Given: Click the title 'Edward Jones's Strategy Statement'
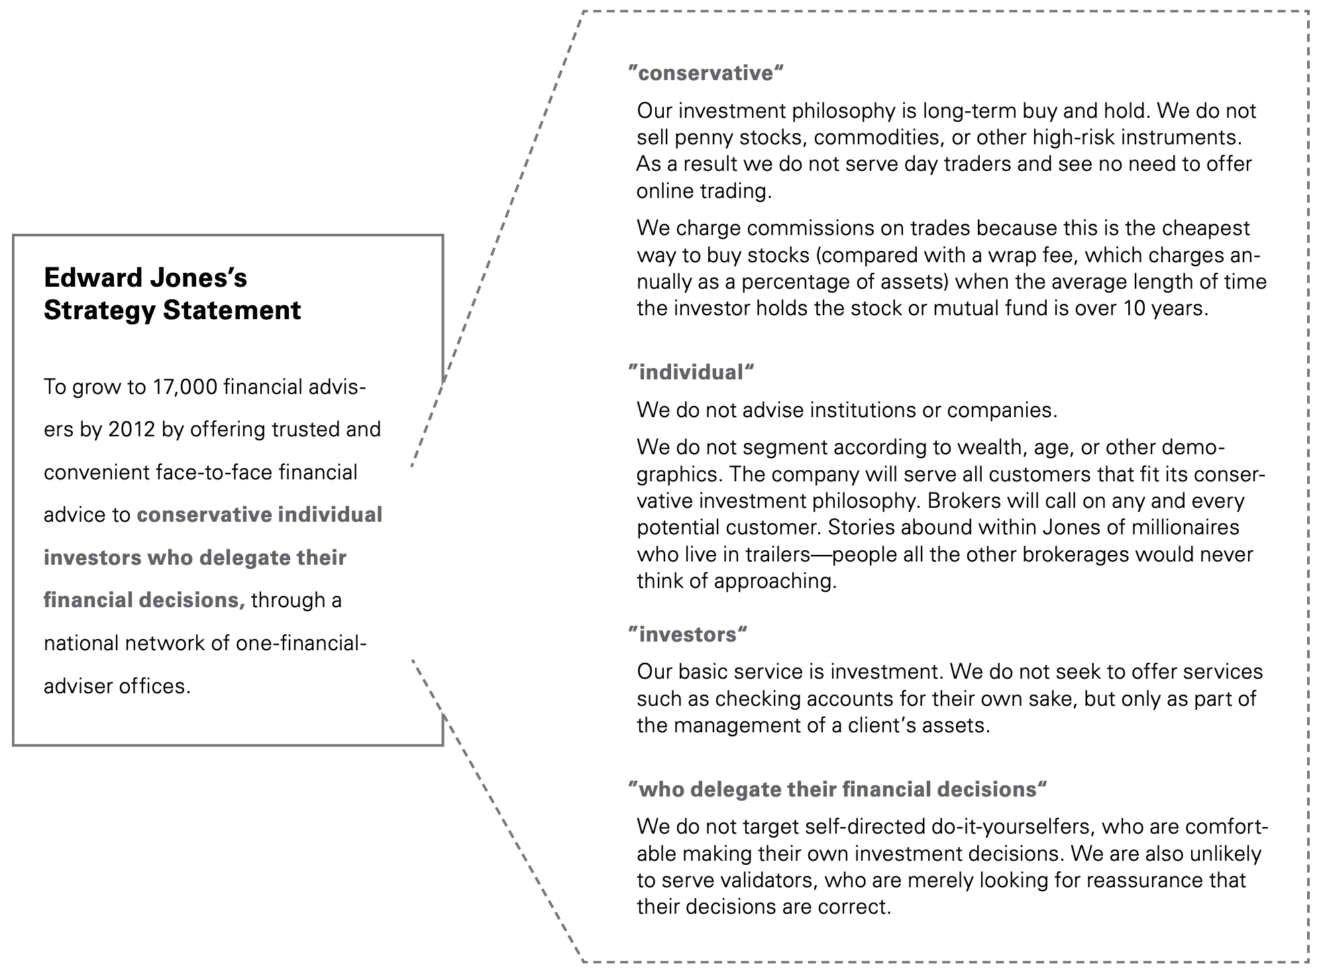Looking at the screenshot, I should point(172,294).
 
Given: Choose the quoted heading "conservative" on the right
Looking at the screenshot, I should point(706,73).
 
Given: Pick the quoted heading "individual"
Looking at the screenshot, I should point(692,372).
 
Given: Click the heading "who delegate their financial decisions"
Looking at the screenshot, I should point(837,789).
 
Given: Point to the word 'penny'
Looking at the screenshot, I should point(704,138).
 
